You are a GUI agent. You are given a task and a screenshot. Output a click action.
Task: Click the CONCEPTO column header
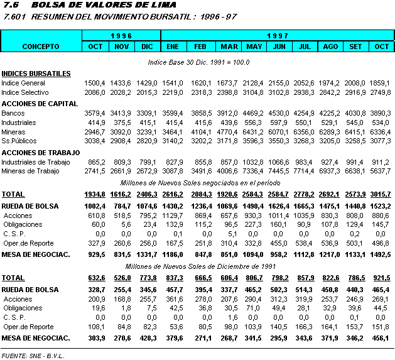[x=41, y=46]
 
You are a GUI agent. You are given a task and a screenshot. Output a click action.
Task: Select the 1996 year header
[x=121, y=36]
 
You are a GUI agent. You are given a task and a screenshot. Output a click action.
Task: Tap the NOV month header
[x=122, y=46]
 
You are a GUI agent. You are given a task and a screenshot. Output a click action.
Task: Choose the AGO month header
[x=330, y=46]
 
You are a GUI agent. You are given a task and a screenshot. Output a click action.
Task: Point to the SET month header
[x=355, y=46]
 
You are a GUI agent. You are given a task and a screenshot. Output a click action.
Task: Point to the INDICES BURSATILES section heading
[x=36, y=74]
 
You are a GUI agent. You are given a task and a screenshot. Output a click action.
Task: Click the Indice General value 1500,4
[x=95, y=83]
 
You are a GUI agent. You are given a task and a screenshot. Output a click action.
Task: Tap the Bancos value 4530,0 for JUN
[x=278, y=113]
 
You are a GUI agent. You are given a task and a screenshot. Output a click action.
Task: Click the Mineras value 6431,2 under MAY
[x=254, y=132]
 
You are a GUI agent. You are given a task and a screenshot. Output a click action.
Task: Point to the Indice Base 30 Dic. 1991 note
[x=198, y=62]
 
